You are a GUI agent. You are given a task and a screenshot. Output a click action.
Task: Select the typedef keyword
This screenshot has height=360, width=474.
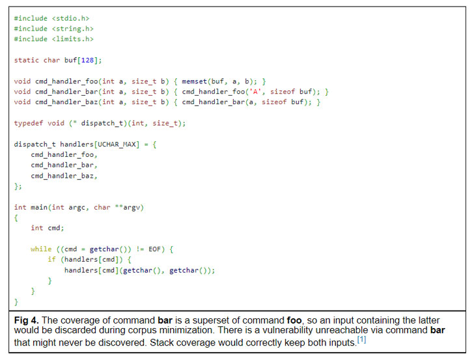click(27, 123)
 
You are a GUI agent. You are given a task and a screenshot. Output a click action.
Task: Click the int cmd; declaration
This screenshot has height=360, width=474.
click(47, 228)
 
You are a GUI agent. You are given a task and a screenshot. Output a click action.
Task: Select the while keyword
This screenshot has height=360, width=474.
click(40, 249)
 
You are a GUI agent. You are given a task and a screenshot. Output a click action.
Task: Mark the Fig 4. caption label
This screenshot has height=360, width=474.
click(28, 321)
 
